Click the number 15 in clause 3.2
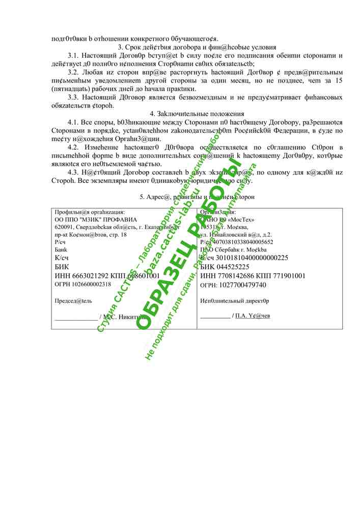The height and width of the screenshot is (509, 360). point(339,80)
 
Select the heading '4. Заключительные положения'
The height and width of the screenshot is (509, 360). point(197,114)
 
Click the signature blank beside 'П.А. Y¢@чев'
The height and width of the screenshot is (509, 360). point(214,316)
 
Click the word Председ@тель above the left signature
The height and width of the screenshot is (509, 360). point(73,301)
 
